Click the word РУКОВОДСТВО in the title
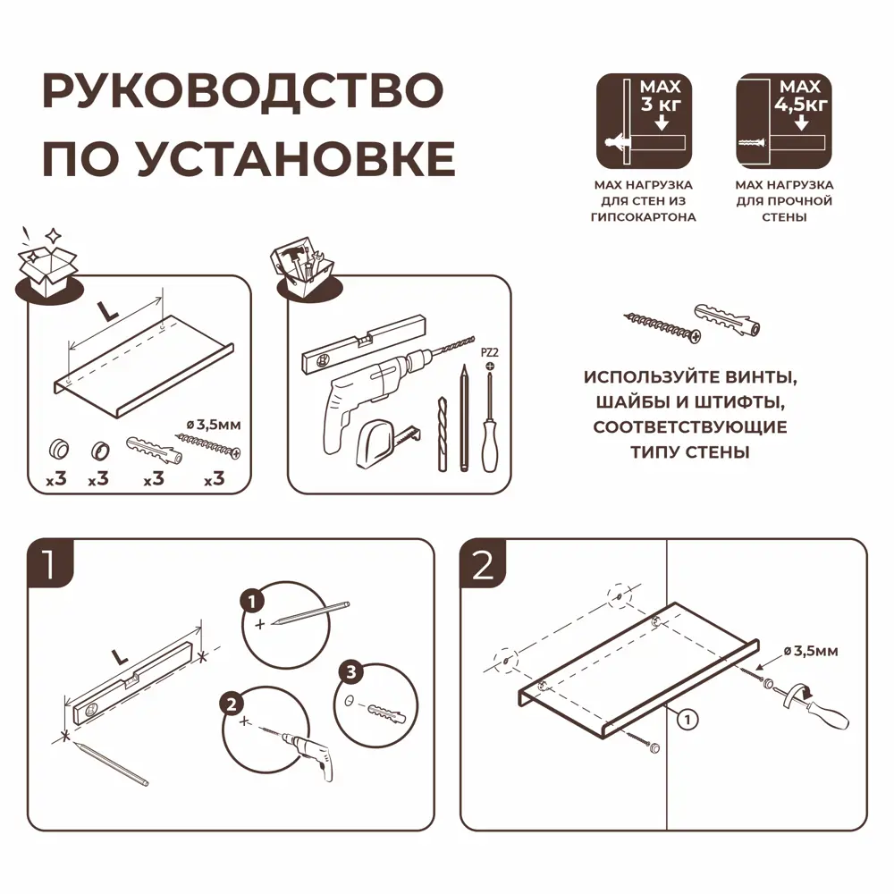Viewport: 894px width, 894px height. (x=242, y=92)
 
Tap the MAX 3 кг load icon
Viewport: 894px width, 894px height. (x=644, y=121)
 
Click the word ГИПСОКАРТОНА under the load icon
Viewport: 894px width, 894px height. (x=644, y=217)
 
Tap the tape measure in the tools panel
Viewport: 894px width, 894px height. (x=384, y=444)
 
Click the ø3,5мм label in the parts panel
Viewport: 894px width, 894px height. (x=212, y=425)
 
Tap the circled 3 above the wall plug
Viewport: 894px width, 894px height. (x=350, y=671)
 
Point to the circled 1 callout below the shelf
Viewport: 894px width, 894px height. (x=686, y=716)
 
